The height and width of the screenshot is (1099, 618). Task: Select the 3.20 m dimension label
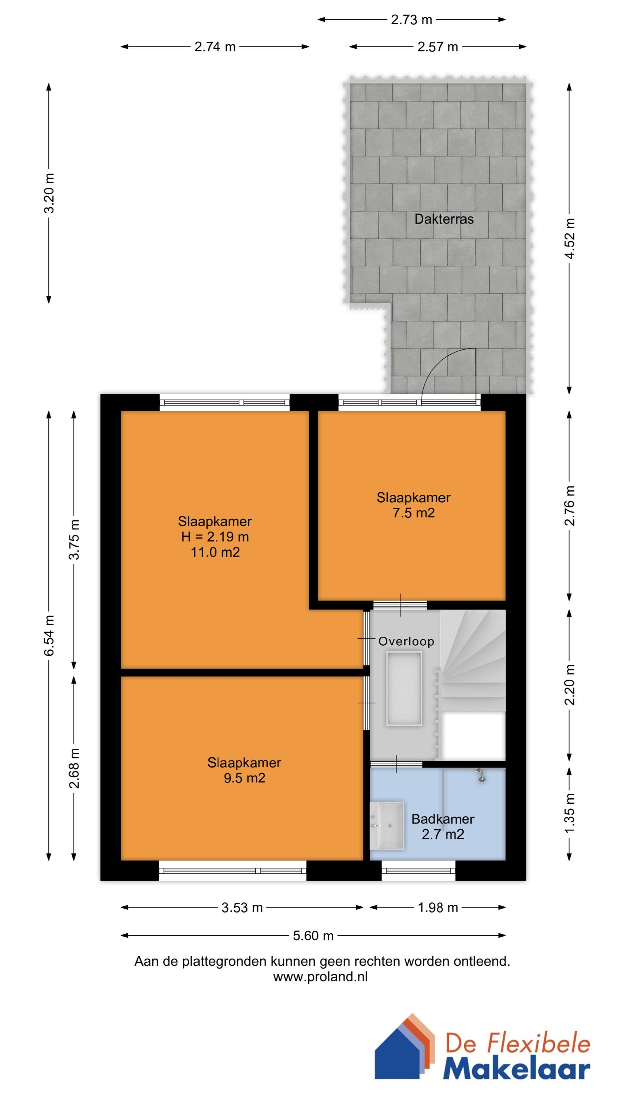[49, 192]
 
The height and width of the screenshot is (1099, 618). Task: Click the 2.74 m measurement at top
[215, 47]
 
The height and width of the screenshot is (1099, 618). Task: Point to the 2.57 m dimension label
[437, 47]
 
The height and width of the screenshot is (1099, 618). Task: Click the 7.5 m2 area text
[413, 513]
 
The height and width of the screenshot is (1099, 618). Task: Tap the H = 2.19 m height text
[215, 537]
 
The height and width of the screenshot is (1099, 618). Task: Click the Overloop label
[406, 641]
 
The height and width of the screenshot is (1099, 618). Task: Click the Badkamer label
[442, 819]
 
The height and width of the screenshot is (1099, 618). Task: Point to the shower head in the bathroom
[481, 775]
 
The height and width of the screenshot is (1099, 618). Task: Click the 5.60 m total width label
[313, 936]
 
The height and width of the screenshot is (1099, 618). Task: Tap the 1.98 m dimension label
[437, 907]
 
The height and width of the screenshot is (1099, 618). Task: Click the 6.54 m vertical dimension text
[49, 635]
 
